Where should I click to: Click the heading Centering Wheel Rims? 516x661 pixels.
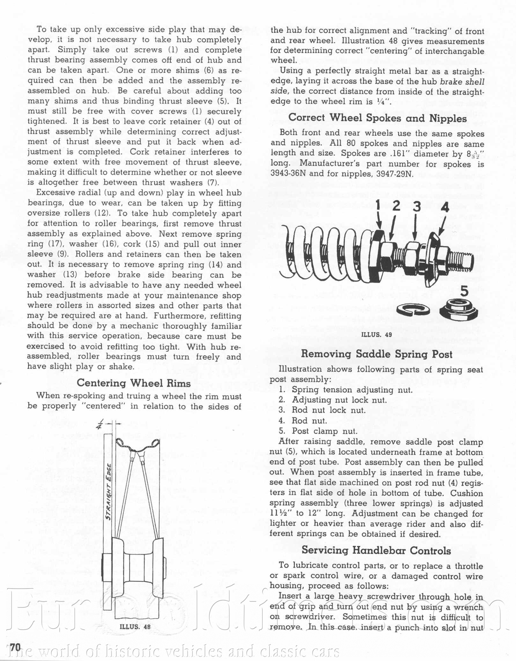tap(134, 383)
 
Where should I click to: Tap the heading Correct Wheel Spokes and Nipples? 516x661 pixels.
tap(378, 118)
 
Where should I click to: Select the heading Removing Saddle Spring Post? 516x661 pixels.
tap(377, 354)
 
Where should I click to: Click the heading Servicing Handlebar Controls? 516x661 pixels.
tap(376, 551)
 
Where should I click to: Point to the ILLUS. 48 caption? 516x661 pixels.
tap(135, 626)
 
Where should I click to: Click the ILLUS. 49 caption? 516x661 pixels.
tap(376, 334)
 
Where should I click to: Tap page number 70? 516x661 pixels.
tap(15, 647)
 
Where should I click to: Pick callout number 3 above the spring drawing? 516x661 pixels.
tap(416, 207)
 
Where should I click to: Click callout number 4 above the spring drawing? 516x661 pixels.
tap(445, 207)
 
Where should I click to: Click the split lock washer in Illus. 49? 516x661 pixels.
tap(413, 309)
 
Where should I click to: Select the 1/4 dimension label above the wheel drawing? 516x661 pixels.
tap(100, 424)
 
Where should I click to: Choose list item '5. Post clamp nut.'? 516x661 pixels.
tap(318, 431)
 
